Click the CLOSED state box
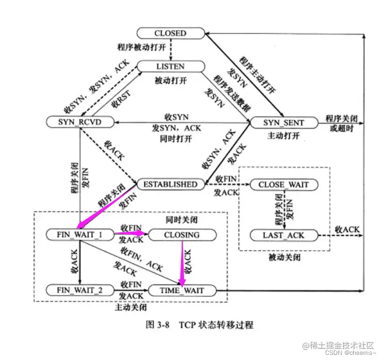(170, 33)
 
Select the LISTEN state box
(170, 66)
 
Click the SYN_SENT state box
(283, 123)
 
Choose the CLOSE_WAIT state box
(284, 185)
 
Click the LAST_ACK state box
(284, 235)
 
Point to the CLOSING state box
(182, 235)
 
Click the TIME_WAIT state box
(182, 290)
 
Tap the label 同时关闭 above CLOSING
(181, 221)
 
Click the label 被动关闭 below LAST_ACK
(284, 257)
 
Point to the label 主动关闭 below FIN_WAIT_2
(130, 307)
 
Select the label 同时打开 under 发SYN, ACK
(177, 137)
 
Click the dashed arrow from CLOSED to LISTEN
(170, 50)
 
